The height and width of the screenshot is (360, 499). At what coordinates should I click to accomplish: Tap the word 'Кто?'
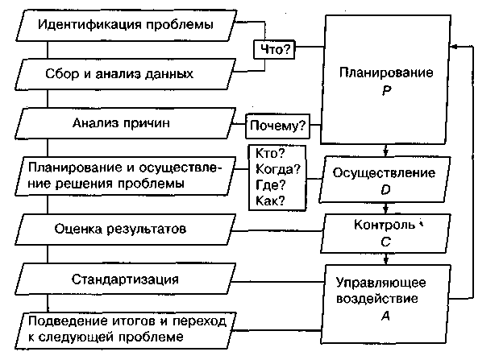point(269,154)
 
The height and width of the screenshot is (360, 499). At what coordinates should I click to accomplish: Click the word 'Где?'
point(269,185)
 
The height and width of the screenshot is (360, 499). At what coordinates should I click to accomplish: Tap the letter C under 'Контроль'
point(386,239)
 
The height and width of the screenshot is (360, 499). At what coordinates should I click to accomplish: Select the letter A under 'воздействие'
point(386,317)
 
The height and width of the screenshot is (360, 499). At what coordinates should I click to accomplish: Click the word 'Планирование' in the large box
point(386,73)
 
